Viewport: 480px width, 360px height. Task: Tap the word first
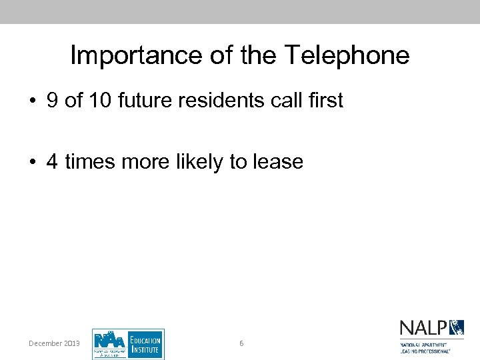pyautogui.click(x=323, y=101)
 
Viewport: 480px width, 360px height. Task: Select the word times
pyautogui.click(x=89, y=161)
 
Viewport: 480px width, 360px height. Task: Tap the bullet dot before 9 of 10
pyautogui.click(x=32, y=101)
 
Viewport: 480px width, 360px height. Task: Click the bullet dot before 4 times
pyautogui.click(x=32, y=162)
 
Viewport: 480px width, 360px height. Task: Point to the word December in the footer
pyautogui.click(x=47, y=343)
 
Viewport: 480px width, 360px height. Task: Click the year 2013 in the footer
pyautogui.click(x=73, y=343)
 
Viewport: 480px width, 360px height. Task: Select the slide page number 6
pyautogui.click(x=241, y=343)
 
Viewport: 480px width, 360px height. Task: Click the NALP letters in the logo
pyautogui.click(x=423, y=328)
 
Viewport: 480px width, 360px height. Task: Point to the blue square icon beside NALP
pyautogui.click(x=457, y=327)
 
